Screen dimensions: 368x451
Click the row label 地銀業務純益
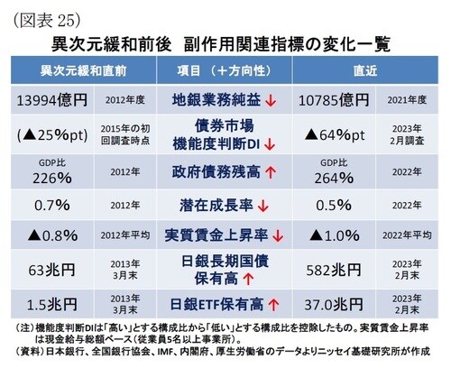point(217,97)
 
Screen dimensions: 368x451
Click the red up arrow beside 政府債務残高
point(272,171)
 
